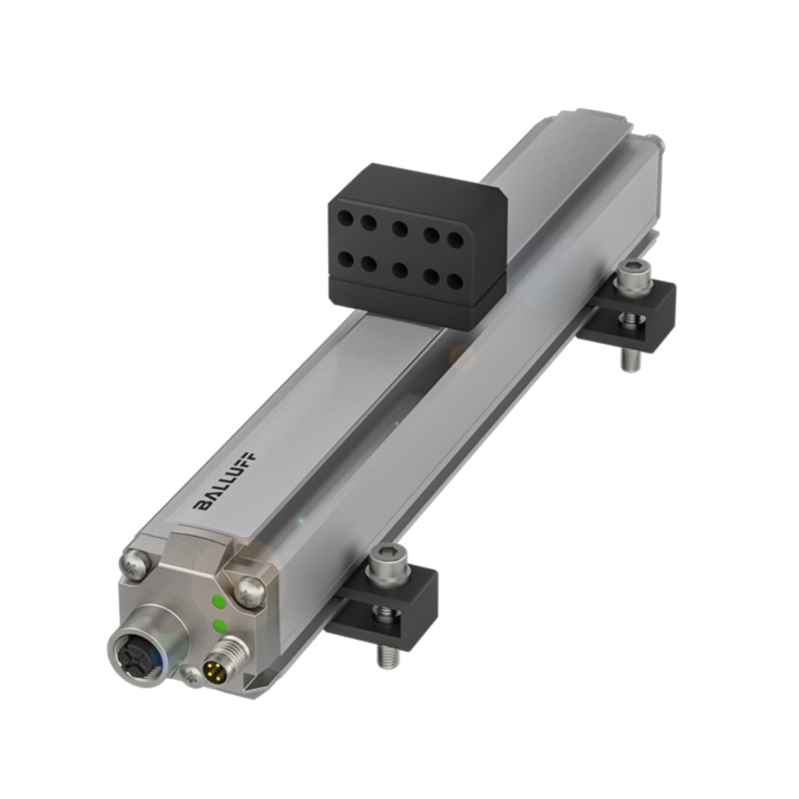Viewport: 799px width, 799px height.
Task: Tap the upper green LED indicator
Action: point(217,602)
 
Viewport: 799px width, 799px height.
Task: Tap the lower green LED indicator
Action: point(218,625)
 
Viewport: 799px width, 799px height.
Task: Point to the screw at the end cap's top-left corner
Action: point(134,563)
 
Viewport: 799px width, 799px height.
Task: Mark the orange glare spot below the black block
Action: point(462,356)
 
